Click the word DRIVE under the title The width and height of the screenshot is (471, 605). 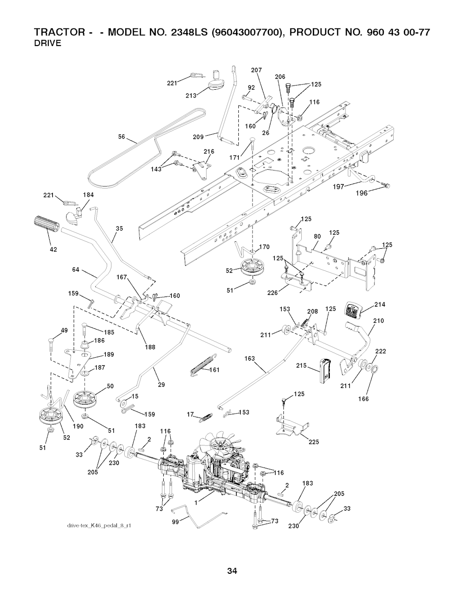click(x=48, y=44)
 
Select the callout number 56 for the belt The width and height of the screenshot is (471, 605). click(x=122, y=137)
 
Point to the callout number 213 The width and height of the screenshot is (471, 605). click(x=191, y=96)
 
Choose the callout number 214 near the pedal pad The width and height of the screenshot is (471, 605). click(x=379, y=305)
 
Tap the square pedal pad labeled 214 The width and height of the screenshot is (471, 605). click(x=354, y=310)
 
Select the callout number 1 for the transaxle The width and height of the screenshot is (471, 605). click(x=196, y=503)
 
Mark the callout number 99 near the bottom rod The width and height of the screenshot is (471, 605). click(x=175, y=522)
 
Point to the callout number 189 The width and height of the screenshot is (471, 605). click(x=109, y=354)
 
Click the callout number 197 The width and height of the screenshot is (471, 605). click(x=339, y=187)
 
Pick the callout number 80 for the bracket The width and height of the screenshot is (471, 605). click(x=317, y=236)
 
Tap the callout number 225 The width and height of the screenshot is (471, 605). click(x=314, y=442)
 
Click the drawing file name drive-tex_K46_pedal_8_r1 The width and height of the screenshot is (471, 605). click(x=99, y=525)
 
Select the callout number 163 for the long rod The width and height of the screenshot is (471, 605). click(x=250, y=358)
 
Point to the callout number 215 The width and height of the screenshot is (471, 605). click(x=302, y=365)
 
